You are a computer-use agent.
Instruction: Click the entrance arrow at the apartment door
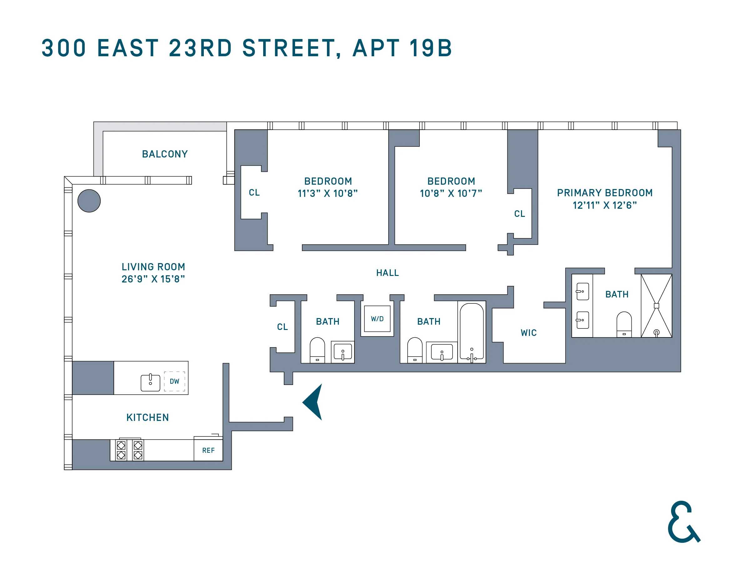(x=313, y=402)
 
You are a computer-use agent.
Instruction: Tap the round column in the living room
(x=89, y=201)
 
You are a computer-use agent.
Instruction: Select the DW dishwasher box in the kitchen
(x=174, y=381)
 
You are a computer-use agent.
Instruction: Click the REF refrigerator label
(x=208, y=450)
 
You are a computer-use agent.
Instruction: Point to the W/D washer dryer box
(x=377, y=319)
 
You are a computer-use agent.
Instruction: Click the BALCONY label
(x=165, y=154)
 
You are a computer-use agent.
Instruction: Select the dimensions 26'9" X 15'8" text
(x=153, y=279)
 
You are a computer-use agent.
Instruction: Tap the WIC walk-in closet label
(x=528, y=332)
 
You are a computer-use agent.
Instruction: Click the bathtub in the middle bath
(x=471, y=332)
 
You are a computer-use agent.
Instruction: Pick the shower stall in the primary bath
(x=656, y=305)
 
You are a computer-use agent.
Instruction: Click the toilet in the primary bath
(x=624, y=324)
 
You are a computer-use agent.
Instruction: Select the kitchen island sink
(x=150, y=382)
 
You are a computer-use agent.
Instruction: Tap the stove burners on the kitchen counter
(x=130, y=450)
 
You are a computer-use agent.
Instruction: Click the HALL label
(x=387, y=273)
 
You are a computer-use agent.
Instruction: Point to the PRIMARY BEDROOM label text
(x=605, y=193)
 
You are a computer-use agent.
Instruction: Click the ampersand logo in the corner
(x=683, y=522)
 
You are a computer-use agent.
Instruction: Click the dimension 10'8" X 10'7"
(x=451, y=193)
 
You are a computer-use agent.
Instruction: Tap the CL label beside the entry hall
(x=282, y=327)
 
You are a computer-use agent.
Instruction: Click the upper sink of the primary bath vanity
(x=582, y=292)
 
